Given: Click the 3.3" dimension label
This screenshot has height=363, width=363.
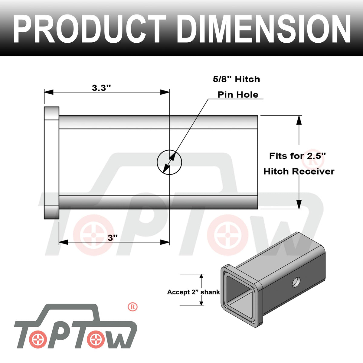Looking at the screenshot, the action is pyautogui.click(x=101, y=88).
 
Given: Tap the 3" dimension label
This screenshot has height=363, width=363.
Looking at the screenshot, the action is pyautogui.click(x=113, y=238).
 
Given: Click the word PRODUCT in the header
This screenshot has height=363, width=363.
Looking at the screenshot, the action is pyautogui.click(x=89, y=29).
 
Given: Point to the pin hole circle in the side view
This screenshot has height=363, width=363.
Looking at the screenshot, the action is pyautogui.click(x=169, y=162).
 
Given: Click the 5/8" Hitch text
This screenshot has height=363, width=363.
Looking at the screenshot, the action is pyautogui.click(x=237, y=79).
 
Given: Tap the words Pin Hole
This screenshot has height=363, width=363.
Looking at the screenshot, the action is pyautogui.click(x=238, y=95).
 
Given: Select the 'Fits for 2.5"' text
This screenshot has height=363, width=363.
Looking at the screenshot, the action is pyautogui.click(x=297, y=156).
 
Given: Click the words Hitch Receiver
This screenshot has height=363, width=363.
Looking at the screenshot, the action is pyautogui.click(x=299, y=172).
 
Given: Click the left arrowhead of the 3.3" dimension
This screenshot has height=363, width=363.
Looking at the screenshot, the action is pyautogui.click(x=49, y=92).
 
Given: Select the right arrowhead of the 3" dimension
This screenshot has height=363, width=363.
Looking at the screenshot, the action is pyautogui.click(x=165, y=242).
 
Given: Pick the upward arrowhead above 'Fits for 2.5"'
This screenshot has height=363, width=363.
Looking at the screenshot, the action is pyautogui.click(x=299, y=120).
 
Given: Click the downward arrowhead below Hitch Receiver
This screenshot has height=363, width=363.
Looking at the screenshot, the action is pyautogui.click(x=299, y=204).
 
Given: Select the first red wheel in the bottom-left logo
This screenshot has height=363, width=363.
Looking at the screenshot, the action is pyautogui.click(x=38, y=340).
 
